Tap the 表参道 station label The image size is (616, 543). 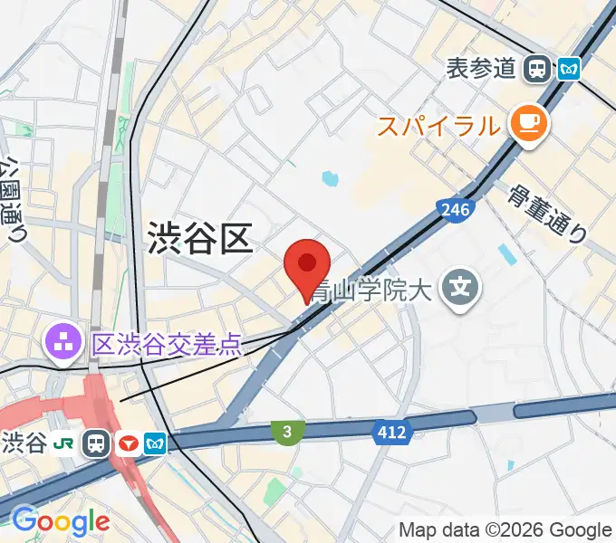click(481, 68)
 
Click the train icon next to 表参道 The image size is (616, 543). click(539, 68)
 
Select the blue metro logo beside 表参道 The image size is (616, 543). click(569, 68)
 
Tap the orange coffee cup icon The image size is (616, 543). click(528, 124)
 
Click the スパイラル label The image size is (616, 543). click(438, 126)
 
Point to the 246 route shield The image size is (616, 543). click(455, 211)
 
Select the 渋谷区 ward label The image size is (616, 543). click(198, 240)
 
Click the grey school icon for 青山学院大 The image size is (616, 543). click(460, 290)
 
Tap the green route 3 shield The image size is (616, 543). click(286, 433)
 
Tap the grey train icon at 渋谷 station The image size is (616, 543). click(96, 443)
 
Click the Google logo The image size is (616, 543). click(60, 520)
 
